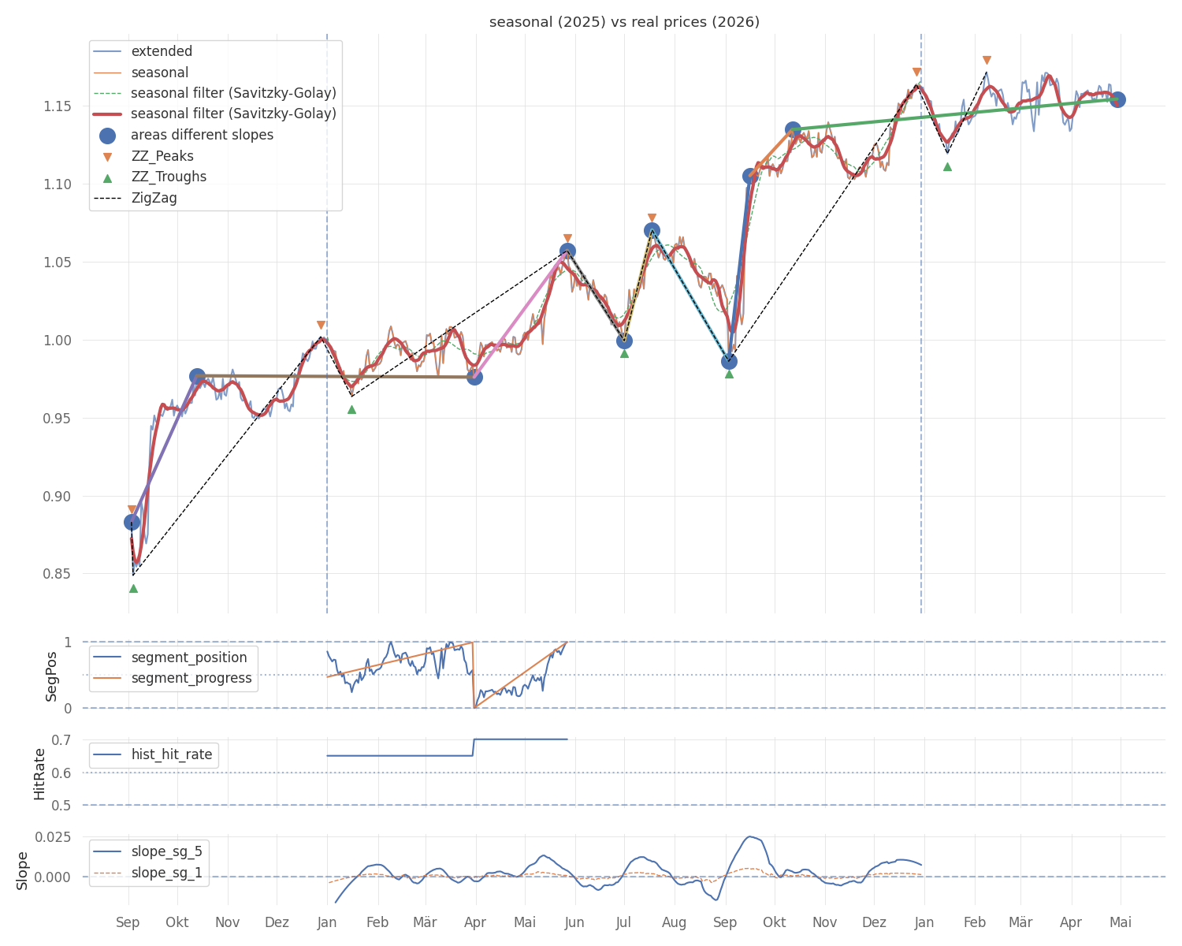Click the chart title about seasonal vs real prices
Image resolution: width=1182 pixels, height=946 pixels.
[x=624, y=22]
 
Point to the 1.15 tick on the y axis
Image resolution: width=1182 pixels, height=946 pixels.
[x=57, y=106]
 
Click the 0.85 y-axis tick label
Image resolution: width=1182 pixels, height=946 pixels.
[x=57, y=574]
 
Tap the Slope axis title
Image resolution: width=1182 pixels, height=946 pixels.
[x=22, y=870]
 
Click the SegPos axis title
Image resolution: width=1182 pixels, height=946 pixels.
[x=51, y=676]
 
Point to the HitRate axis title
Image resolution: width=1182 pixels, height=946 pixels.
[x=39, y=774]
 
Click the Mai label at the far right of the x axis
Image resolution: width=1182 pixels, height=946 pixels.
[x=1121, y=922]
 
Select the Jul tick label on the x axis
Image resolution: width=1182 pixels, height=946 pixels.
[x=623, y=922]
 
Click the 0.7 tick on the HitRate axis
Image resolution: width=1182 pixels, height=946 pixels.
[x=61, y=740]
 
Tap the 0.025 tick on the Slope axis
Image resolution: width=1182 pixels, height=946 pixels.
[x=54, y=837]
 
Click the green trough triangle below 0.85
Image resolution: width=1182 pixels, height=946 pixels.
[x=133, y=589]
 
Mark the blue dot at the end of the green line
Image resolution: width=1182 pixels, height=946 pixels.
[x=1117, y=100]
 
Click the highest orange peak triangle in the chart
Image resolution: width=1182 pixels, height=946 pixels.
[x=987, y=61]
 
